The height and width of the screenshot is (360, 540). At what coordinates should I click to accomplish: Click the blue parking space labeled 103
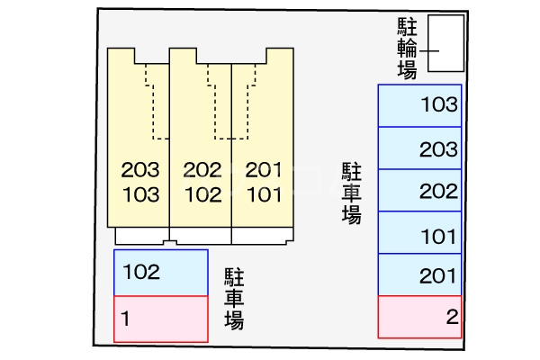pyautogui.click(x=419, y=105)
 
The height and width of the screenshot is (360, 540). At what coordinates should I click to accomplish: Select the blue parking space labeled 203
pyautogui.click(x=419, y=148)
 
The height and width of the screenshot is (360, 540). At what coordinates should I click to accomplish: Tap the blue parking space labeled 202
pyautogui.click(x=419, y=191)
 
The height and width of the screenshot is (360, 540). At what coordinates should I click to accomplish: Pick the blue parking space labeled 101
pyautogui.click(x=419, y=233)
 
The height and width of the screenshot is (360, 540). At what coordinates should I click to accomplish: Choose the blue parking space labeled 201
pyautogui.click(x=419, y=274)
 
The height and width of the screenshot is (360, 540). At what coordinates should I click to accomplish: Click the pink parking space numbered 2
pyautogui.click(x=419, y=316)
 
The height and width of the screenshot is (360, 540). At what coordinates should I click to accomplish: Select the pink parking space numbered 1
pyautogui.click(x=161, y=318)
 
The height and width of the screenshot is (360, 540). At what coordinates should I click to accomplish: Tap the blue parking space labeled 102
pyautogui.click(x=161, y=272)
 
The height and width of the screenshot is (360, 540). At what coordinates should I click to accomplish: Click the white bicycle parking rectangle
pyautogui.click(x=445, y=42)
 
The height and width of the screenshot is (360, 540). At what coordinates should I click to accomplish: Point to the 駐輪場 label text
pyautogui.click(x=407, y=48)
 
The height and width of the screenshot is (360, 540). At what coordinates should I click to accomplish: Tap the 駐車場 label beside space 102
pyautogui.click(x=235, y=297)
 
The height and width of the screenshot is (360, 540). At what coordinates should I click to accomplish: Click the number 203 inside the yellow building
pyautogui.click(x=139, y=169)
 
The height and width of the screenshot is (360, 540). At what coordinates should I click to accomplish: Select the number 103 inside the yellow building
pyautogui.click(x=139, y=193)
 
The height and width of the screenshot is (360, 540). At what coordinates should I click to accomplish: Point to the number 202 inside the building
pyautogui.click(x=202, y=169)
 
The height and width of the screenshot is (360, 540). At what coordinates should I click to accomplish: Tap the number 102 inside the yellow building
pyautogui.click(x=202, y=193)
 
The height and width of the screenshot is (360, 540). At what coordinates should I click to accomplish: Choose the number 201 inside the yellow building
pyautogui.click(x=263, y=169)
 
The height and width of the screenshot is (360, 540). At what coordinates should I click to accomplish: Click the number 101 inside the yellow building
pyautogui.click(x=263, y=193)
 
